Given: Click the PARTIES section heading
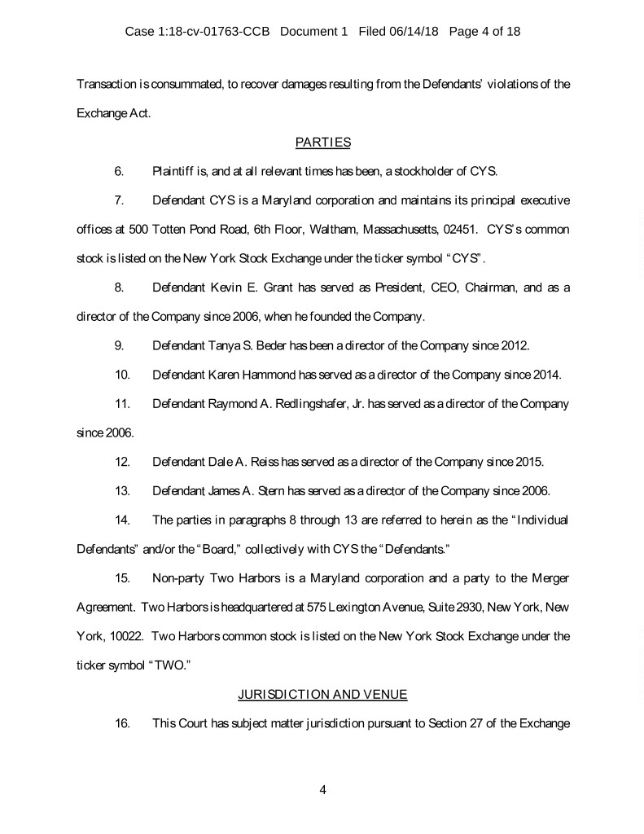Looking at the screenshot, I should click(322, 143).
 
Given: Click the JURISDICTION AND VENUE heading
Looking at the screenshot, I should click(322, 694).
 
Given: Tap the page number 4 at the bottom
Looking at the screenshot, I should click(322, 789).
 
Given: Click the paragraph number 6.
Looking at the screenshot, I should click(118, 171).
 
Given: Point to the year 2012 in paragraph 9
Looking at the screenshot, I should click(513, 345).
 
